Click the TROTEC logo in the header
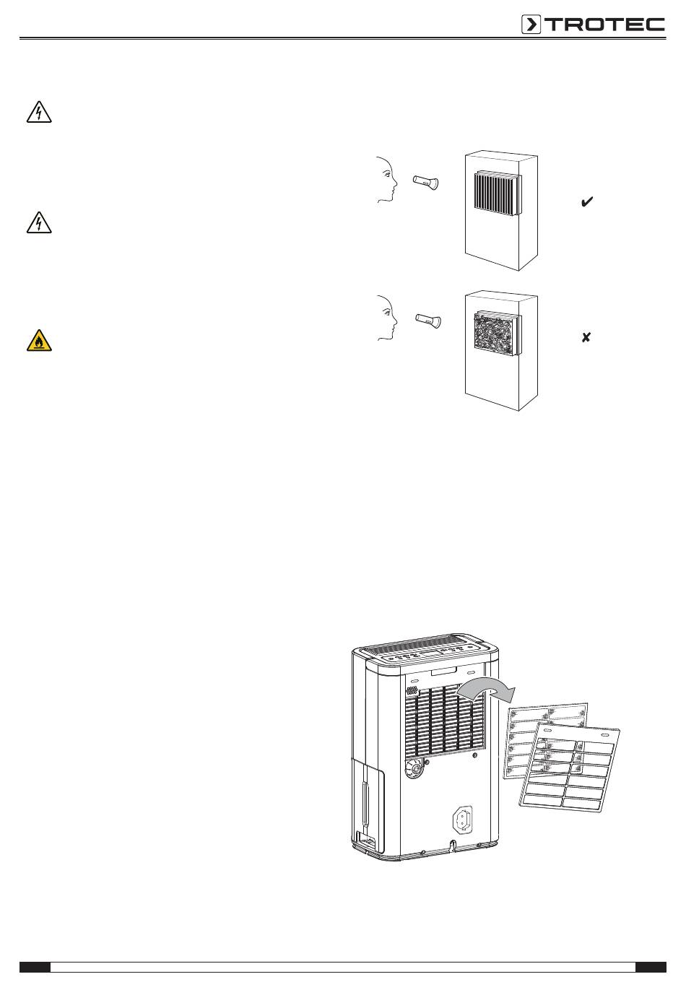pos(593,25)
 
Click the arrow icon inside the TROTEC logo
pos(531,25)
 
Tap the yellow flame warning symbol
pos(39,340)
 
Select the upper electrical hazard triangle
pos(39,112)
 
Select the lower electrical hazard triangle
pos(39,222)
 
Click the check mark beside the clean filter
pos(586,201)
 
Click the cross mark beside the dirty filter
pos(586,338)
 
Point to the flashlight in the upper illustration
pos(426,181)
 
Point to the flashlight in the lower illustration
pos(428,320)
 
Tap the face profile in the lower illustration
pos(388,318)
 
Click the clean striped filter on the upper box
pos(498,194)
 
